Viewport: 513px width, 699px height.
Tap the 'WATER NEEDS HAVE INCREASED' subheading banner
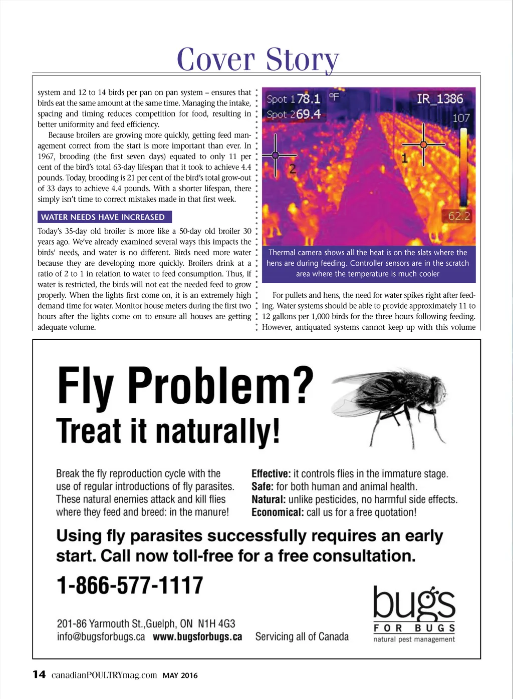pyautogui.click(x=104, y=217)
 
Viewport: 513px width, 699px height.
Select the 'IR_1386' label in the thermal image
pyautogui.click(x=440, y=99)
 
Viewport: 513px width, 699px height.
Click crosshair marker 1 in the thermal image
pyautogui.click(x=423, y=145)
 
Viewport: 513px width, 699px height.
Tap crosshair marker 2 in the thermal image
pyautogui.click(x=275, y=156)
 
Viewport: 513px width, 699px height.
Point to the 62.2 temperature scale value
pyautogui.click(x=459, y=216)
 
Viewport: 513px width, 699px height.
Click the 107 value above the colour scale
pyautogui.click(x=461, y=118)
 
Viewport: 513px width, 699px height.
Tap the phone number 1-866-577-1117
pyautogui.click(x=130, y=585)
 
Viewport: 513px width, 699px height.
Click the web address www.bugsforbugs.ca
pyautogui.click(x=197, y=637)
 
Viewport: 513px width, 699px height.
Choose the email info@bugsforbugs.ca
pyautogui.click(x=101, y=637)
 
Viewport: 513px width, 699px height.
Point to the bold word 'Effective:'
pyautogui.click(x=271, y=474)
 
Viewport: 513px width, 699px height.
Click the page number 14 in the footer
pyautogui.click(x=39, y=674)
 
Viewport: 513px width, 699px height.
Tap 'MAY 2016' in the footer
pyautogui.click(x=180, y=675)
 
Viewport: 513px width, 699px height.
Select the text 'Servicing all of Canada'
pyautogui.click(x=302, y=636)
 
